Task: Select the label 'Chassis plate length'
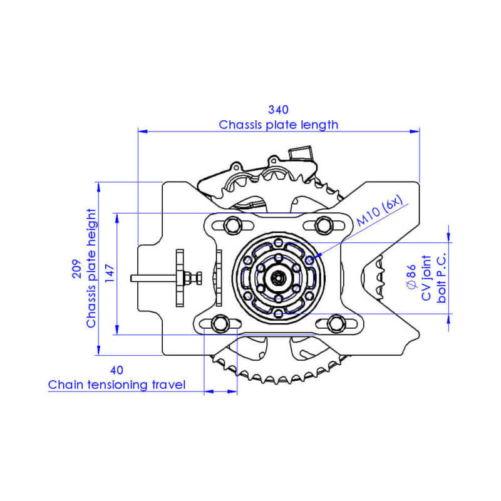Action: (278, 125)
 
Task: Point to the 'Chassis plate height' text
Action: (91, 269)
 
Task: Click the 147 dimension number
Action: (110, 274)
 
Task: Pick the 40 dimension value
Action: (117, 369)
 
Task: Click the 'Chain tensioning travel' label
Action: (117, 385)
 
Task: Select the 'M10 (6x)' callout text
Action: (382, 213)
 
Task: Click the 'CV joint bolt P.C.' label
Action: (435, 279)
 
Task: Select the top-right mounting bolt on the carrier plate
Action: (323, 224)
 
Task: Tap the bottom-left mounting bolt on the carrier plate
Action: (219, 323)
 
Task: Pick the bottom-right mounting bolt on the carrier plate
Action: (336, 323)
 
